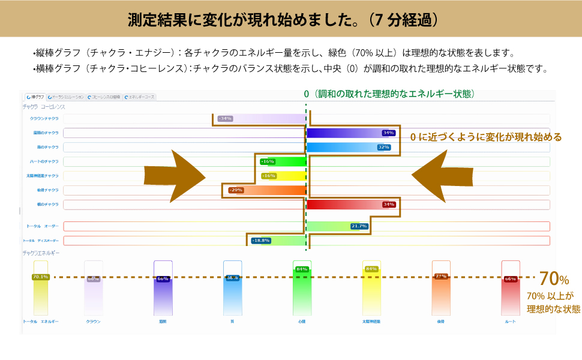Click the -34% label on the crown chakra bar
coord(225,118)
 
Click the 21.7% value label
coord(359,226)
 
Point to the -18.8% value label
coord(261,241)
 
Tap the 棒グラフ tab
coord(34,97)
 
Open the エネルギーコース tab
coord(140,97)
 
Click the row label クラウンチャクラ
coord(44,118)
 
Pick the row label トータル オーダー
coord(42,226)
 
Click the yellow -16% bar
coord(283,176)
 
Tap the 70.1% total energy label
coord(40,277)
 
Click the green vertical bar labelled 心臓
coord(301,288)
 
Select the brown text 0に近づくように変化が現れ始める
coord(485,137)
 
